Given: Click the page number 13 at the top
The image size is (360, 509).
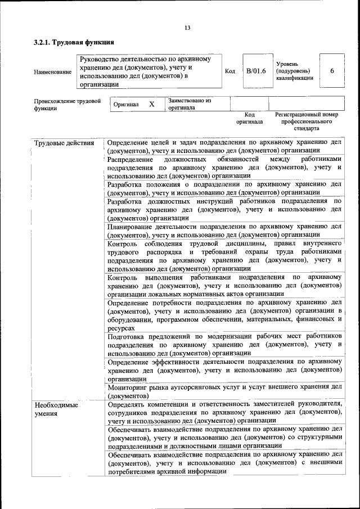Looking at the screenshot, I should (x=187, y=28).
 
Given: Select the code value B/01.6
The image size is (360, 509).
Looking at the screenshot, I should (x=256, y=71).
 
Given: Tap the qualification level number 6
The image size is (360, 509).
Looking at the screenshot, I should (x=332, y=71).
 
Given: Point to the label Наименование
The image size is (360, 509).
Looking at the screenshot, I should (x=53, y=71).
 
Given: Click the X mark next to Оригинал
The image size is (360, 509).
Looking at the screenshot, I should (x=151, y=104).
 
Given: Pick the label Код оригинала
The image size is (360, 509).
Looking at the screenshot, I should (x=249, y=118).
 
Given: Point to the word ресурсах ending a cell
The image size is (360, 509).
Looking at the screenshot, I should (x=121, y=327).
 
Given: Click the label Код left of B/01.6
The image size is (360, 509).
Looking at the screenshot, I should (x=230, y=71).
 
